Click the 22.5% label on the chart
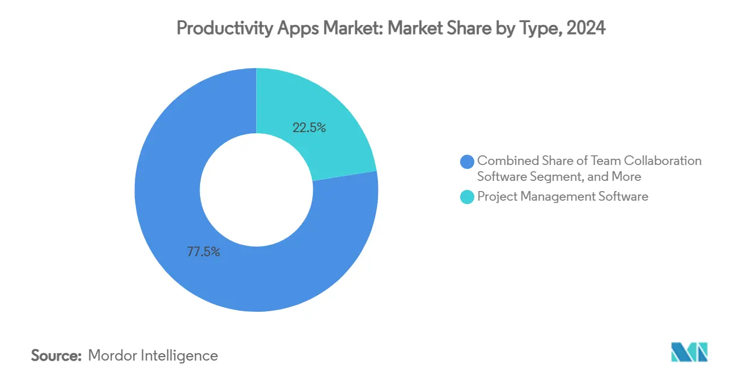click(x=309, y=128)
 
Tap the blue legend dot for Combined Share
click(x=467, y=162)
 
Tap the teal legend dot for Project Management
click(x=467, y=197)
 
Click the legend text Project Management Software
click(x=563, y=197)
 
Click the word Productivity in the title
click(x=215, y=28)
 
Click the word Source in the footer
click(x=56, y=355)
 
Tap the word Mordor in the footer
click(x=110, y=355)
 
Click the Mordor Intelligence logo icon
click(x=689, y=352)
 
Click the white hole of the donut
click(x=256, y=190)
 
